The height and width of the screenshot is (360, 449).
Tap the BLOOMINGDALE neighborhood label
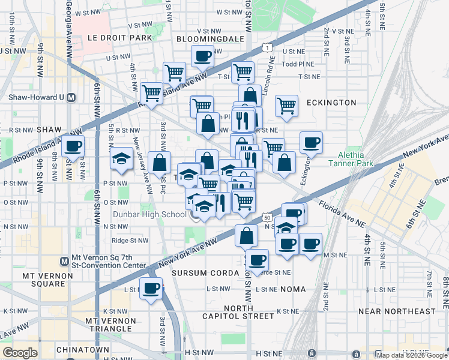tap(210, 38)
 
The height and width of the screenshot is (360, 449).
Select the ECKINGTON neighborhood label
tap(331, 103)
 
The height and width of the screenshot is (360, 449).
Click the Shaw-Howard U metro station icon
tap(71, 97)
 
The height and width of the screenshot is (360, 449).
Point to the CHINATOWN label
tap(82, 349)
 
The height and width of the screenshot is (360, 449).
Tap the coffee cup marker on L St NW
tap(151, 288)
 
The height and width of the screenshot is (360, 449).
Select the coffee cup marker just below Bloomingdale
tap(202, 56)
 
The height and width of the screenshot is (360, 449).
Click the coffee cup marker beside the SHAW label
tap(73, 146)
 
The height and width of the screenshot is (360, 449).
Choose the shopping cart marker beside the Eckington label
tap(287, 106)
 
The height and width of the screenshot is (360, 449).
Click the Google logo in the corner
tap(20, 352)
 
